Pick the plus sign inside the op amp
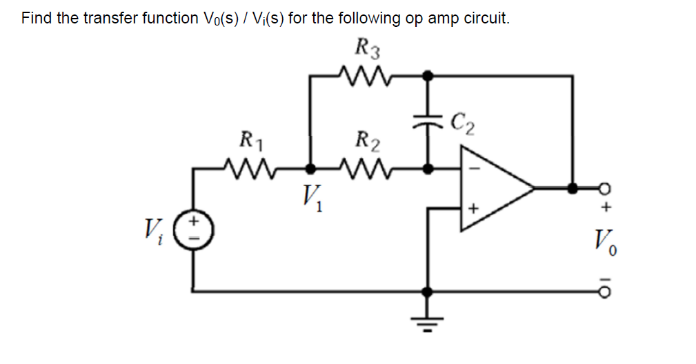point(473,206)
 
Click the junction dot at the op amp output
point(572,187)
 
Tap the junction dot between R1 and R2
point(311,168)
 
